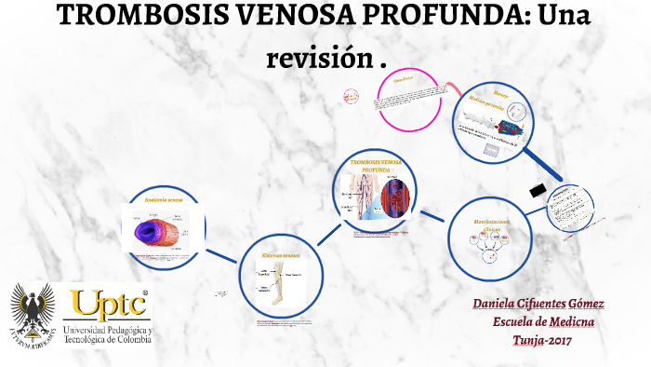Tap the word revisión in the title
click(x=317, y=57)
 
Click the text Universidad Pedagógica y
click(x=109, y=331)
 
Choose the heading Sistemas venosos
click(x=281, y=253)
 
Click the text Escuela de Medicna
click(x=544, y=321)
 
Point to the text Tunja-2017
click(x=544, y=339)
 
